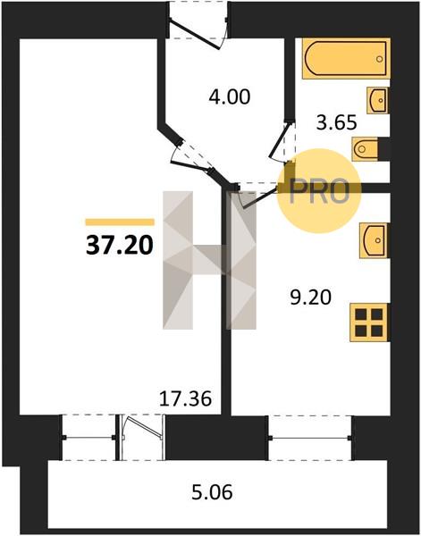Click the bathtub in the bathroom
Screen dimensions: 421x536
point(346,58)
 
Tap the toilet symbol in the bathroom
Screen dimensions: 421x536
point(365,148)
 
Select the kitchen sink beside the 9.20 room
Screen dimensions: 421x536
point(374,240)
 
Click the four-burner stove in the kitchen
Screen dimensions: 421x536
point(369,322)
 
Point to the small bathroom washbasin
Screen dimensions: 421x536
point(377,100)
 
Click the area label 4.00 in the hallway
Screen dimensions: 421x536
point(230,96)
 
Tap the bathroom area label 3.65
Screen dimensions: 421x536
point(336,122)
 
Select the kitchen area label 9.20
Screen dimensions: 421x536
point(310,297)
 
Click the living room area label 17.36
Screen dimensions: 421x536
point(186,398)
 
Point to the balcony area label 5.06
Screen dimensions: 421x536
point(212,492)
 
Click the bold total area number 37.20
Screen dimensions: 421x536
point(120,246)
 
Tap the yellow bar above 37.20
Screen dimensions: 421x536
point(120,222)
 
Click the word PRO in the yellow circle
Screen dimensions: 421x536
point(319,191)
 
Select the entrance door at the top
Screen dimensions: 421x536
point(195,35)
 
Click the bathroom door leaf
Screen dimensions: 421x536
point(278,141)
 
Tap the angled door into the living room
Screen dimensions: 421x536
point(190,166)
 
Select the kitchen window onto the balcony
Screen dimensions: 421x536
point(310,438)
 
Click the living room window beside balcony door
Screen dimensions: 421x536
point(88,437)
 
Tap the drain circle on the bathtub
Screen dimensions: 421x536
point(379,59)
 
